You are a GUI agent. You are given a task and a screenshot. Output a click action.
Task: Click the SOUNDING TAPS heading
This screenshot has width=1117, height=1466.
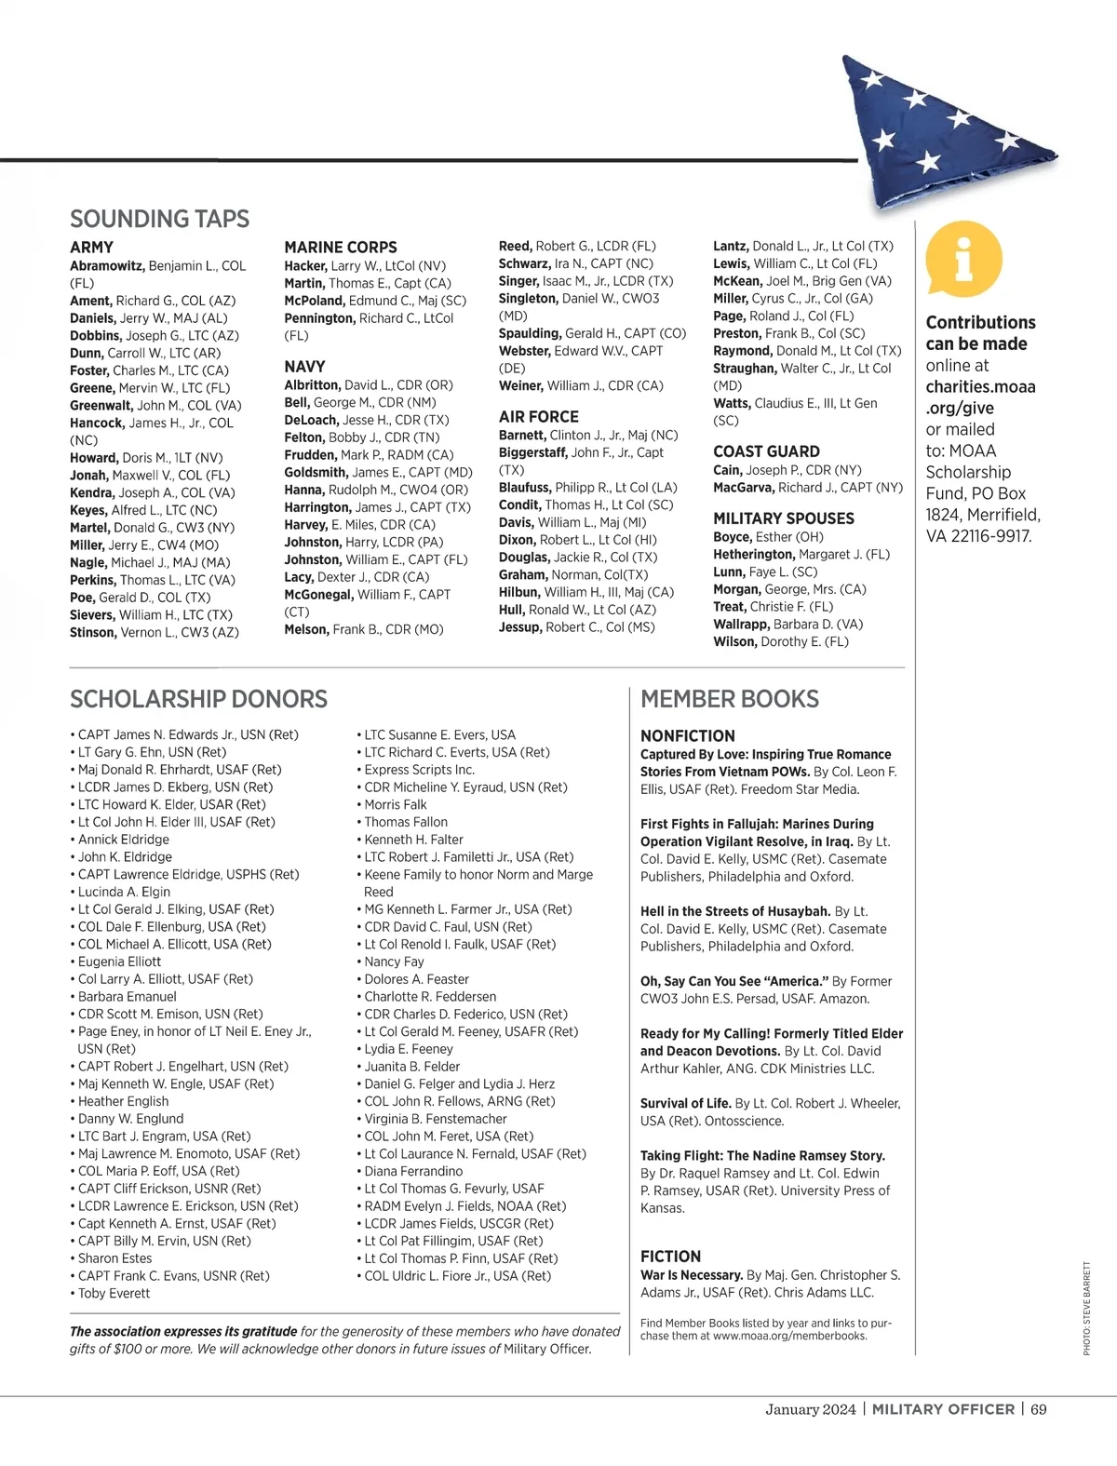(159, 219)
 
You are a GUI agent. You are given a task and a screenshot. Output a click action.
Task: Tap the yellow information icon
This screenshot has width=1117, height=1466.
(964, 259)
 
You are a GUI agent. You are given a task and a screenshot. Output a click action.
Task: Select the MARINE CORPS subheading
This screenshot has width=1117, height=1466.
(341, 248)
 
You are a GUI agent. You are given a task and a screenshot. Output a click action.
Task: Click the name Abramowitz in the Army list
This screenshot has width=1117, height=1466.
(107, 266)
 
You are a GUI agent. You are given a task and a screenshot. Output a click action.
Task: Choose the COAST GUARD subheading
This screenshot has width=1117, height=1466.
(766, 451)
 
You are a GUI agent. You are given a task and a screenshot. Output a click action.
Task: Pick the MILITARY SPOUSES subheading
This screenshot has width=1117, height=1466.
(783, 518)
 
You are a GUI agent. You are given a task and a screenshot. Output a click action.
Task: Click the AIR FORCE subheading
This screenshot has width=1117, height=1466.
(538, 417)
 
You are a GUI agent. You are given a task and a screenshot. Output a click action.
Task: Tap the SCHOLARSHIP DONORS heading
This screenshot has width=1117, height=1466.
(198, 699)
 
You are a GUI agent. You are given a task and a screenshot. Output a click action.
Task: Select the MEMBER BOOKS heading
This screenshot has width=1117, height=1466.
(730, 699)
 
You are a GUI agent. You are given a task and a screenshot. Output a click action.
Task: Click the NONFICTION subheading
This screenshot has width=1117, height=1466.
(687, 735)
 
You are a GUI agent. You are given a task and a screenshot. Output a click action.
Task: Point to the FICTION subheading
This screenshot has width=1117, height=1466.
(670, 1256)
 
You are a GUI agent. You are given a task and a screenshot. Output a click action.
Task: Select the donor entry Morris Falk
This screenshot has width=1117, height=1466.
(396, 804)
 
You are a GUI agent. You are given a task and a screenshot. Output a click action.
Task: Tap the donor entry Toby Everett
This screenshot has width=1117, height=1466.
(114, 1293)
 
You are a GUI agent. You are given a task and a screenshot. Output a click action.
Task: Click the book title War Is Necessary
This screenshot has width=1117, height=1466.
(692, 1275)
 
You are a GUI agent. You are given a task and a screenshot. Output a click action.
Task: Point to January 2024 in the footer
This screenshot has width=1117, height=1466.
(810, 1408)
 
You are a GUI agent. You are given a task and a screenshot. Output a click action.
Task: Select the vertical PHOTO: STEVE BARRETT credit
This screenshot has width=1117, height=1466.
(1086, 1308)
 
